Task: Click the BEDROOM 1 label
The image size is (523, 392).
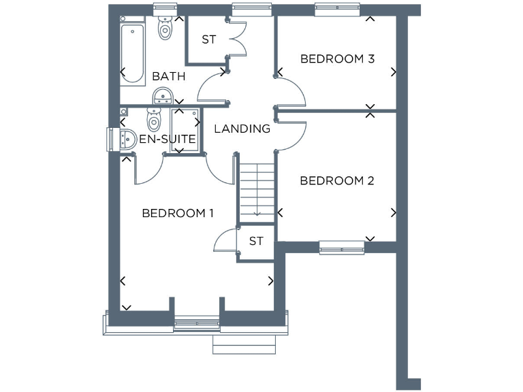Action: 178,214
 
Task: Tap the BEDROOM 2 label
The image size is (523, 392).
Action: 337,181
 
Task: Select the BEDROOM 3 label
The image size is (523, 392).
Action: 338,59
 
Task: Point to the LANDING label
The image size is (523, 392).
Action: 242,129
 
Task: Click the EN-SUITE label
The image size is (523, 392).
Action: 168,140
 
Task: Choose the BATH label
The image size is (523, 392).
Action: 168,76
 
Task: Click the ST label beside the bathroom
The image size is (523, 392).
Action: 208,39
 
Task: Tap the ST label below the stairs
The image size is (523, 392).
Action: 256,241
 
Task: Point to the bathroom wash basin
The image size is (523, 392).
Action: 162,97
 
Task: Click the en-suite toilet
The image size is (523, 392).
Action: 154,121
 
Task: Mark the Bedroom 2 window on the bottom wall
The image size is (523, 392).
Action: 342,247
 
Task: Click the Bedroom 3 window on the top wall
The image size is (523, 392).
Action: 337,10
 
